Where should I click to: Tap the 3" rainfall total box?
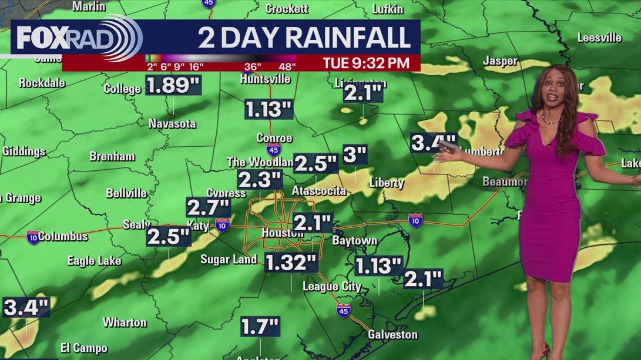pyautogui.click(x=355, y=156)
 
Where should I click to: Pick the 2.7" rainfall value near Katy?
pyautogui.click(x=208, y=207)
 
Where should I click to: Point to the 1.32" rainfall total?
pyautogui.click(x=291, y=263)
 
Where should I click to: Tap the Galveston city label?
pyautogui.click(x=392, y=335)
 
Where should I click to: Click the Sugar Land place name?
pyautogui.click(x=229, y=259)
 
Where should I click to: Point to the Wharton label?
pyautogui.click(x=125, y=322)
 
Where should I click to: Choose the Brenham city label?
pyautogui.click(x=112, y=157)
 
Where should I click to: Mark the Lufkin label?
pyautogui.click(x=388, y=9)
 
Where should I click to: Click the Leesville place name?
pyautogui.click(x=599, y=38)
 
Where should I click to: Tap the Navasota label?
pyautogui.click(x=172, y=124)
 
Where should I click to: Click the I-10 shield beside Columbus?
pyautogui.click(x=33, y=237)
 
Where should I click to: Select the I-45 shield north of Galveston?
pyautogui.click(x=344, y=309)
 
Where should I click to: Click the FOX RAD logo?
pyautogui.click(x=76, y=38)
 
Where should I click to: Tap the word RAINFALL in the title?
pyautogui.click(x=344, y=38)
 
